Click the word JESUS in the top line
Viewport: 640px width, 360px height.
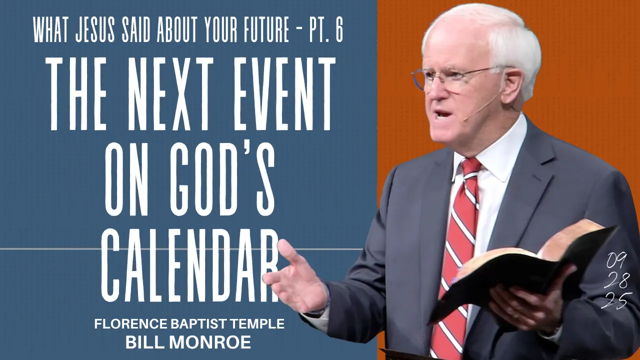click(x=95, y=30)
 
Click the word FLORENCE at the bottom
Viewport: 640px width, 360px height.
click(x=131, y=323)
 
